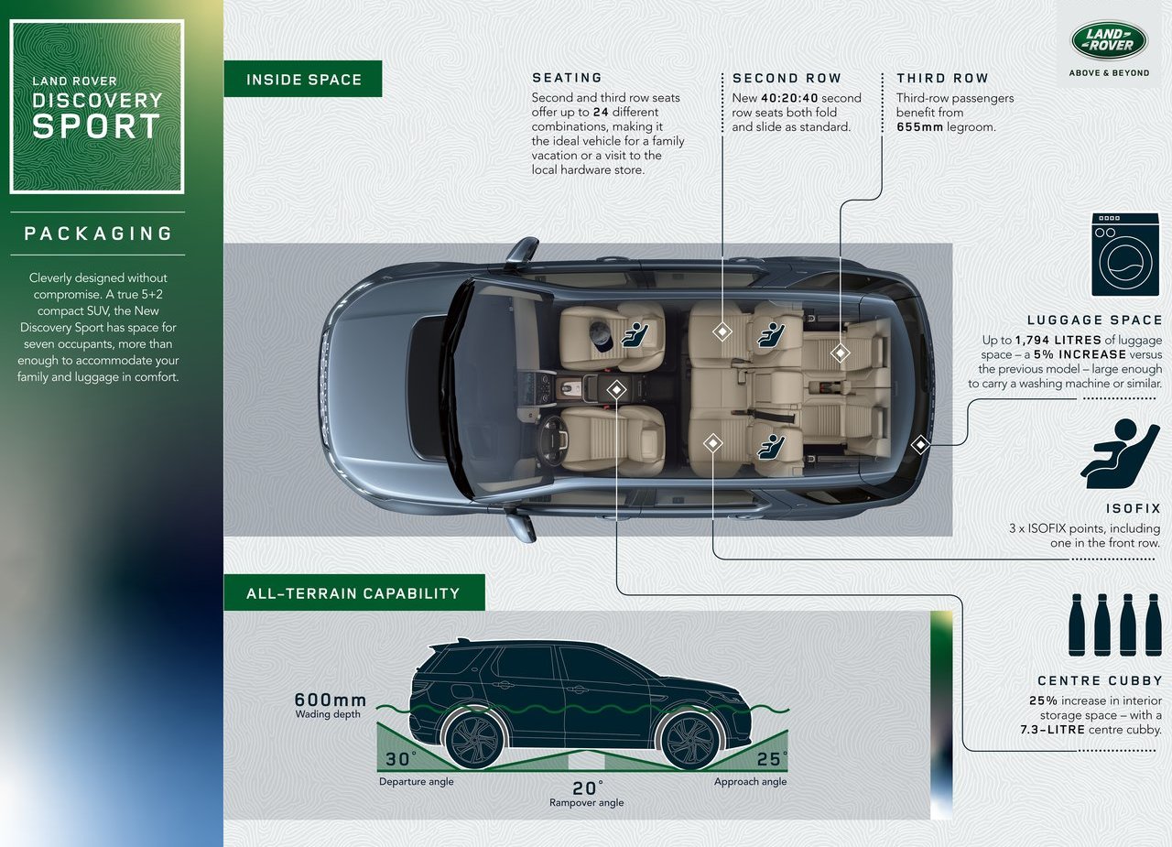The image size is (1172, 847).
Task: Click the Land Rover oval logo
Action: (1109, 40)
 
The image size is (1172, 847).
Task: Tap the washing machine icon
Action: (1125, 255)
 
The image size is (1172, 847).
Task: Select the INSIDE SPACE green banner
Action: (303, 79)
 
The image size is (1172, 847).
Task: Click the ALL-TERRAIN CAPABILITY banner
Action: (354, 592)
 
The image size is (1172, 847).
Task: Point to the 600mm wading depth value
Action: (331, 700)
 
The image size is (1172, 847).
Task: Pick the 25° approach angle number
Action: (771, 758)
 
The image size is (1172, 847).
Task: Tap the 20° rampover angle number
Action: (587, 787)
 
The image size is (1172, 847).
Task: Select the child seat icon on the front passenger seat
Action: (635, 335)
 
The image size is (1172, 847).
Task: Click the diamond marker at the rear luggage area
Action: (920, 445)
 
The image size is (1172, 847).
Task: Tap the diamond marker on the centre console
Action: (617, 390)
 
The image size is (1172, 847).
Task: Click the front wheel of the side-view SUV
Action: (691, 739)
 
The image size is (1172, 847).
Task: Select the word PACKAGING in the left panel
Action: (98, 233)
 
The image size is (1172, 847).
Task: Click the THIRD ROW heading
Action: (942, 78)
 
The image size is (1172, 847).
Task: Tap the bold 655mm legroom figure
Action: (919, 127)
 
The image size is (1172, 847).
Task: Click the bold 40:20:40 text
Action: (789, 98)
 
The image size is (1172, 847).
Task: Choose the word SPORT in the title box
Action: (96, 126)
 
